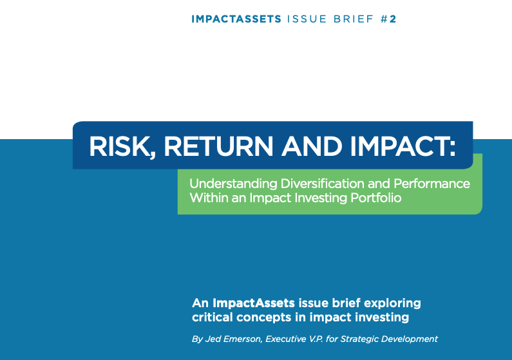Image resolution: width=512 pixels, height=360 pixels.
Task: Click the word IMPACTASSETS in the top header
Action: (236, 19)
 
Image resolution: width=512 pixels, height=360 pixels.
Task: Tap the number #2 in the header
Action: (388, 19)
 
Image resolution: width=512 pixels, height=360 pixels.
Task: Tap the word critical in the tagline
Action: (213, 317)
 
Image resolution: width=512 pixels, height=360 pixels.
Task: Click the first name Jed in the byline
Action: (214, 339)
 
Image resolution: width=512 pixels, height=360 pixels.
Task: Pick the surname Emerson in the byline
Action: (245, 339)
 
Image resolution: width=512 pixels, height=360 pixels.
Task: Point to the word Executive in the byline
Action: (292, 339)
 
